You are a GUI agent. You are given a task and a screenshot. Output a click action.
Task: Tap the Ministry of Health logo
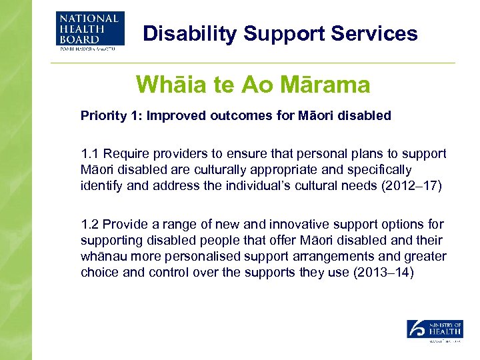click(435, 331)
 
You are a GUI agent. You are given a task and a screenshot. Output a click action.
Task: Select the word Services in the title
click(376, 33)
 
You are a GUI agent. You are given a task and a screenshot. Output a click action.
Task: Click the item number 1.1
click(89, 153)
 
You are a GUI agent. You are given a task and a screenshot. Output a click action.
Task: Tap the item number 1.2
click(89, 225)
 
